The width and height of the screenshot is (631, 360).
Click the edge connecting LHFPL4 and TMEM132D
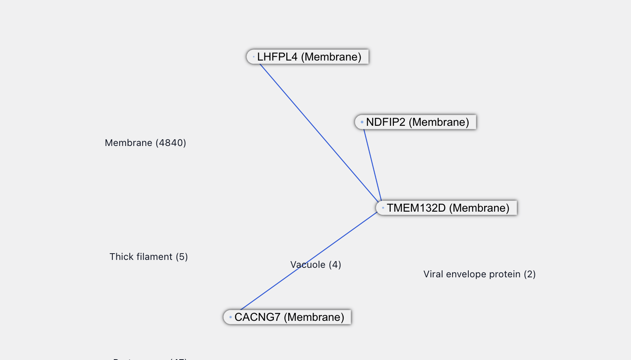(x=319, y=133)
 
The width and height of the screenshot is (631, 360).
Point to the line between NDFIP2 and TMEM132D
(x=373, y=165)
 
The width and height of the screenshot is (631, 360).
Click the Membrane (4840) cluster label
(x=145, y=143)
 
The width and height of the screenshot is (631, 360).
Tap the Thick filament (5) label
(x=148, y=257)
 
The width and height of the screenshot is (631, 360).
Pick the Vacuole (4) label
(x=315, y=265)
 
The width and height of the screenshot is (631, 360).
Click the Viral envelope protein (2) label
(x=479, y=274)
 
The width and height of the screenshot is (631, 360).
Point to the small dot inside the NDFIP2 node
(x=362, y=122)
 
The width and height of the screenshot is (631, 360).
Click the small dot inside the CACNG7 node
(x=230, y=317)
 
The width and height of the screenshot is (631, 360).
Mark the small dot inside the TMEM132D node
(x=383, y=208)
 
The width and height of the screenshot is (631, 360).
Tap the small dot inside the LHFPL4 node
(x=253, y=57)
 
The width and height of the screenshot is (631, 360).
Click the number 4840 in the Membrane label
(x=171, y=143)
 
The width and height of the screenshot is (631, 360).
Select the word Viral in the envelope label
(x=433, y=274)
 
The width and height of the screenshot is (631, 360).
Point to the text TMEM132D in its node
(x=416, y=208)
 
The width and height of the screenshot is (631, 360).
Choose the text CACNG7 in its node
(x=257, y=317)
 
